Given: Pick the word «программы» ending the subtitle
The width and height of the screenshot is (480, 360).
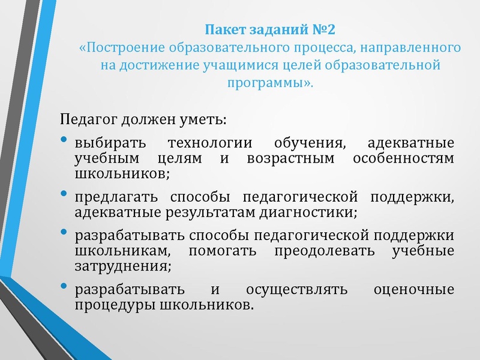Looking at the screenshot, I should click(x=268, y=83).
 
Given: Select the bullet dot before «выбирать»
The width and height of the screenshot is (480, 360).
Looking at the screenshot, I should click(x=64, y=140).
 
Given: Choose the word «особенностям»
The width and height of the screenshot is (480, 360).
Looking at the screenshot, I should click(x=403, y=159).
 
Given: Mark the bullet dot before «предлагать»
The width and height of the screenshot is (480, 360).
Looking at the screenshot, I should click(x=64, y=193).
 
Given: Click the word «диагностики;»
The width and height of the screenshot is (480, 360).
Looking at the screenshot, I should click(x=316, y=212).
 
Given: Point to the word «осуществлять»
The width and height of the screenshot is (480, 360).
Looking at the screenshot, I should click(x=296, y=289).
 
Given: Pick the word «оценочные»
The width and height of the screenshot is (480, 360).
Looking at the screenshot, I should click(x=413, y=289).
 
